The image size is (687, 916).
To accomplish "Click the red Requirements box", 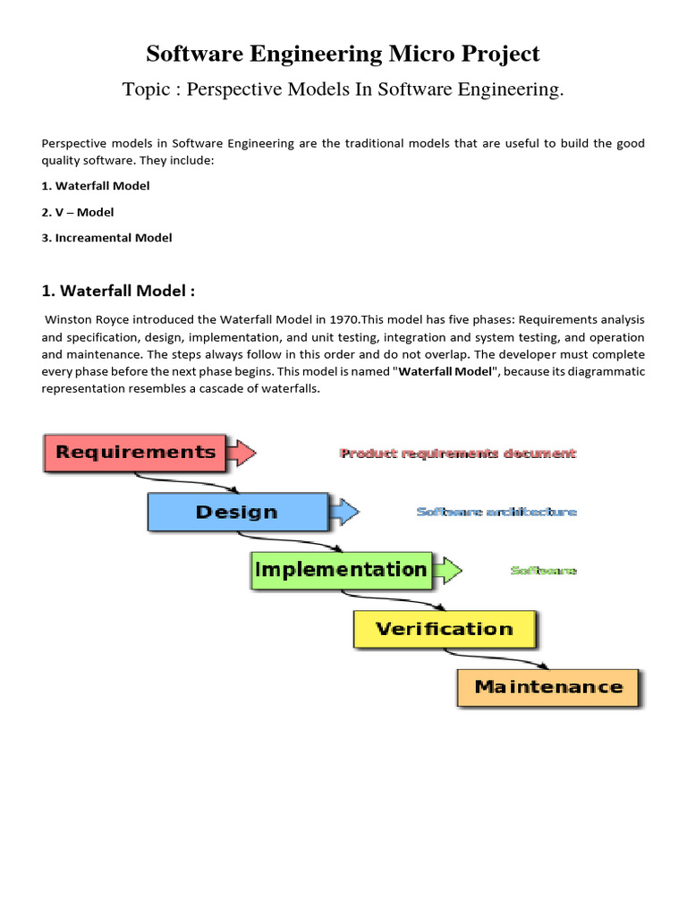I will point(135,452).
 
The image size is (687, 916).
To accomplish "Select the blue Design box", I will point(237,512).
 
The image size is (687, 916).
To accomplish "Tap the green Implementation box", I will point(340,569).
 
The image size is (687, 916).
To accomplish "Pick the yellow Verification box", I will point(445,628).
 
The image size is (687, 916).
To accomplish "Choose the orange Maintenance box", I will point(548,687).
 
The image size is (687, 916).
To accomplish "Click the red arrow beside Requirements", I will point(242,452).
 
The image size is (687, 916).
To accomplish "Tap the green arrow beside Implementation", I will point(447,569).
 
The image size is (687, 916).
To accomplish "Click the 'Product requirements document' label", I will point(458,454).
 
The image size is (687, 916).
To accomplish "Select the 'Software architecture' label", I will point(496,512).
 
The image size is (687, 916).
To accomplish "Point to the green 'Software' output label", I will point(543,570).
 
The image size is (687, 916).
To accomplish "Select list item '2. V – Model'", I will point(79,212).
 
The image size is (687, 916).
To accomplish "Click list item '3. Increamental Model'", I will point(107,238).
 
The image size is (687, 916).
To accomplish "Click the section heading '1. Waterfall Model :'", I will point(118,291).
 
